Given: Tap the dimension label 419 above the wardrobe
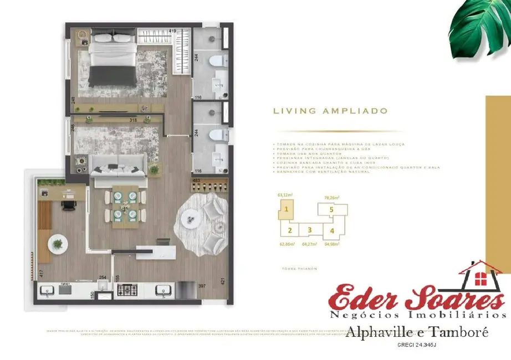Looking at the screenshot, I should click(173, 32).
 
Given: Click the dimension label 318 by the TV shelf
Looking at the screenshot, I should click(132, 120).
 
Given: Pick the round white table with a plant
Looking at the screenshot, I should click(57, 243).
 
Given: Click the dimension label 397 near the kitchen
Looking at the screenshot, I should click(202, 286).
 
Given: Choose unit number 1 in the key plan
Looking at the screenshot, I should click(286, 210).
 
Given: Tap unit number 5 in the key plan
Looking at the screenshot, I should click(331, 210).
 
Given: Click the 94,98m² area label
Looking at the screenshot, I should click(332, 243).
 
